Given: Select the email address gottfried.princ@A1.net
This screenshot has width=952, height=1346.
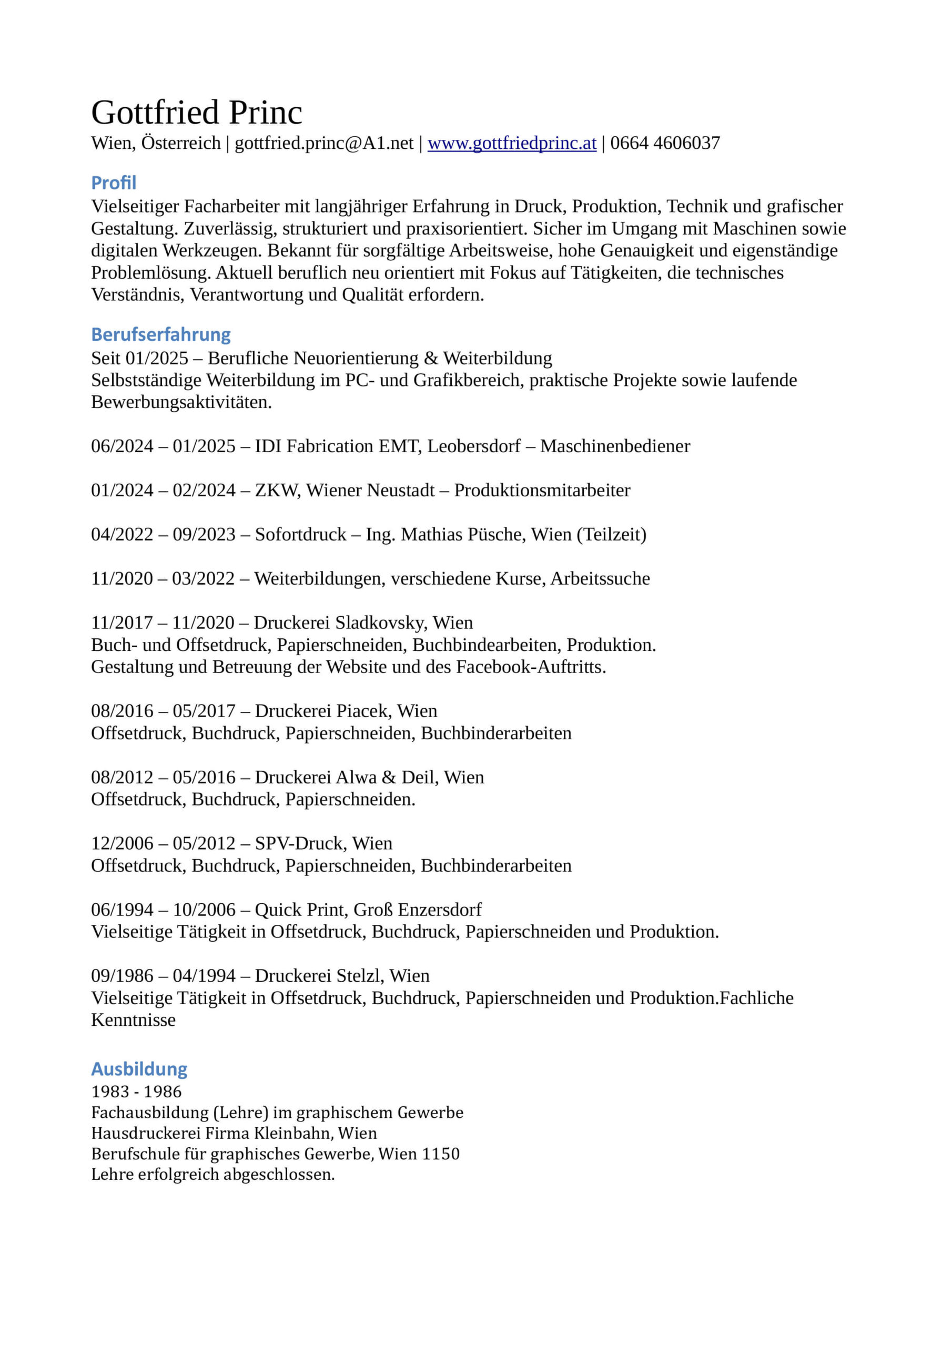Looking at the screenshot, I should (324, 143).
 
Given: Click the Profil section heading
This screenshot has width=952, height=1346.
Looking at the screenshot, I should (114, 183).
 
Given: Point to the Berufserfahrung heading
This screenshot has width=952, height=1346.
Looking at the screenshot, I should (161, 334).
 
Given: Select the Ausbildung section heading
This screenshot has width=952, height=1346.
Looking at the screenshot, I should (139, 1069).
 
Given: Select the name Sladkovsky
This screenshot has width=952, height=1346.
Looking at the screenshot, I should (381, 623).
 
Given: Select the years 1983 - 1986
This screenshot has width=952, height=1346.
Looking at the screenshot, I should (136, 1092).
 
